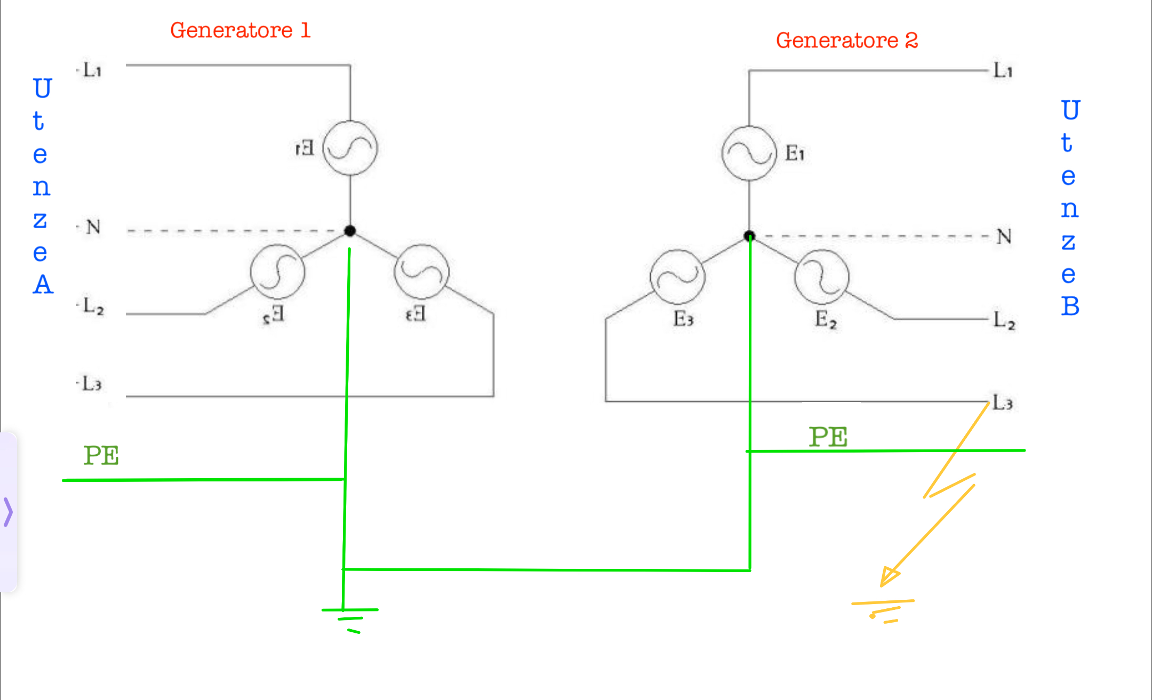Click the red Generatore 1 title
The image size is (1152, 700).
point(240,30)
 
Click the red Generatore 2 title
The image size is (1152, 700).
point(847,41)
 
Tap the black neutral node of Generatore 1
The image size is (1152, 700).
point(350,231)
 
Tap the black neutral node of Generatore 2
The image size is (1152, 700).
point(749,236)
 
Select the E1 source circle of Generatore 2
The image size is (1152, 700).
point(749,154)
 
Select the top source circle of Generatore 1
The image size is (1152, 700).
point(350,148)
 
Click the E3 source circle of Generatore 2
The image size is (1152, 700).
point(677,277)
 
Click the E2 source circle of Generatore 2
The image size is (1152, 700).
point(821,277)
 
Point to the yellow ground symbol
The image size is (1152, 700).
point(883,611)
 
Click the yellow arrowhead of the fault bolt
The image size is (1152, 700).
point(890,576)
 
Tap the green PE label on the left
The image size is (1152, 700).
point(101,456)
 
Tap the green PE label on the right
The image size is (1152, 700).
point(828,437)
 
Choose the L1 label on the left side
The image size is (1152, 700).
point(92,70)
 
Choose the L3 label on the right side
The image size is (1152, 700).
point(1003,403)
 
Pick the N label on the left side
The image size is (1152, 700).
point(93,227)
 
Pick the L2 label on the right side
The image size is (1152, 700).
point(1004,320)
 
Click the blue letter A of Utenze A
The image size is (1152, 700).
point(43,284)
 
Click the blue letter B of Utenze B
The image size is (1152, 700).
point(1070,306)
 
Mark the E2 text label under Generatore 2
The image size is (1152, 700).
point(826,319)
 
